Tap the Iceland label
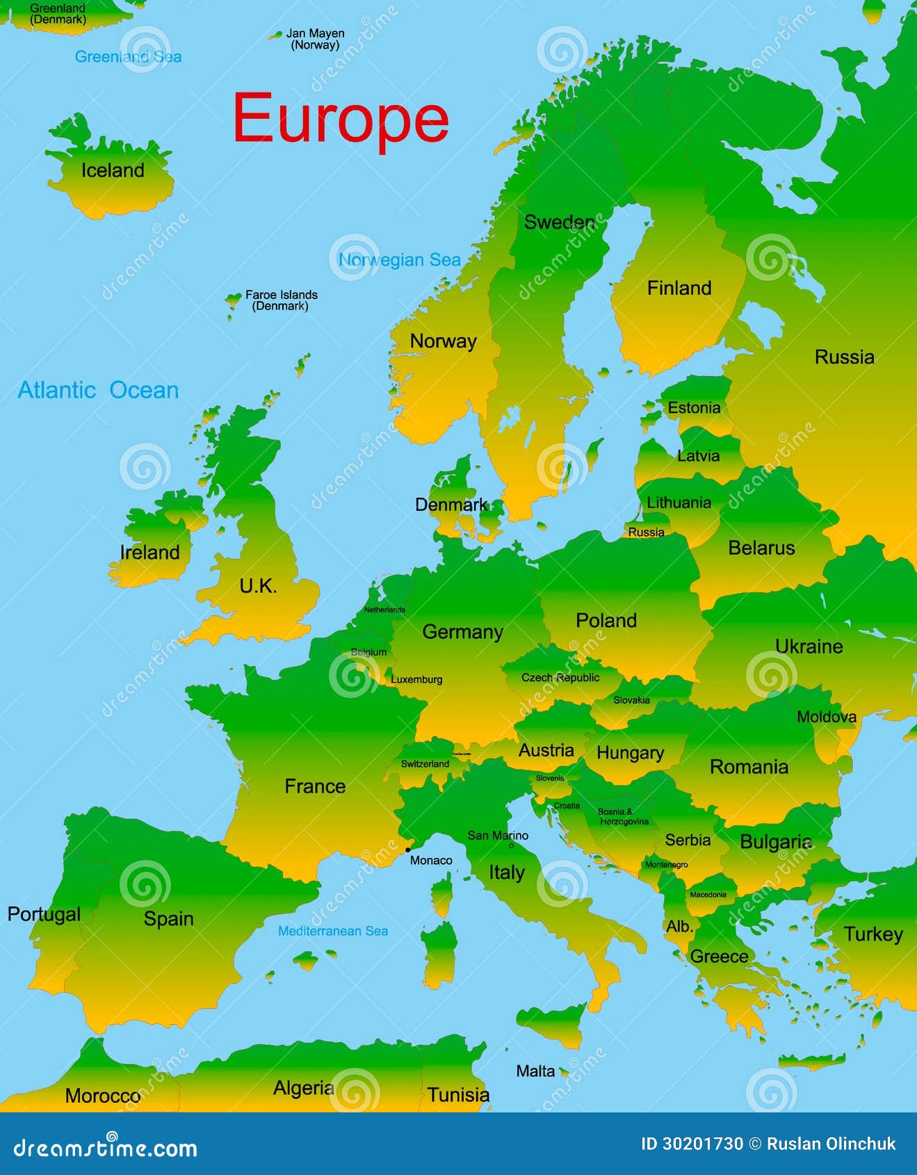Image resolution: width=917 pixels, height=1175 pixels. (113, 170)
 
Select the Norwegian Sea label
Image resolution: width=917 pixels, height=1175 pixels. (399, 260)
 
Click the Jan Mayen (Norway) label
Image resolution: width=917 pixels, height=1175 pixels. (315, 39)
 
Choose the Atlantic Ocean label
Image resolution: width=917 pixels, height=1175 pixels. (98, 390)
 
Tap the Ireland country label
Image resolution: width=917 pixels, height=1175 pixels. (149, 553)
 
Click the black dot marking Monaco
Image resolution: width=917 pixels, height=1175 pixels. (408, 850)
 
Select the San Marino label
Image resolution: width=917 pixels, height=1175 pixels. (498, 836)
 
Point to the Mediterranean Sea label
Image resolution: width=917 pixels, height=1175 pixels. (333, 931)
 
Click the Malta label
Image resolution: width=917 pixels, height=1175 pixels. (535, 1071)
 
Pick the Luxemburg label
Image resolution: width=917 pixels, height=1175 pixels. (416, 679)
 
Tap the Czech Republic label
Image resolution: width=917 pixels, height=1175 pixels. (560, 677)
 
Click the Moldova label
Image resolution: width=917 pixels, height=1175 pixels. (827, 717)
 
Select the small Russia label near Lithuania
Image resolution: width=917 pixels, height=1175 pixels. (647, 533)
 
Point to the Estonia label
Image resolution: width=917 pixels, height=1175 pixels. (694, 408)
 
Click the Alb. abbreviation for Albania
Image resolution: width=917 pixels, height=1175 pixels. (679, 927)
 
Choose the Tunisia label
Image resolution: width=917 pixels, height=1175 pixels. (458, 1095)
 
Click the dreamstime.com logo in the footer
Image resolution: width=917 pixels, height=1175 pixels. (106, 1148)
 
